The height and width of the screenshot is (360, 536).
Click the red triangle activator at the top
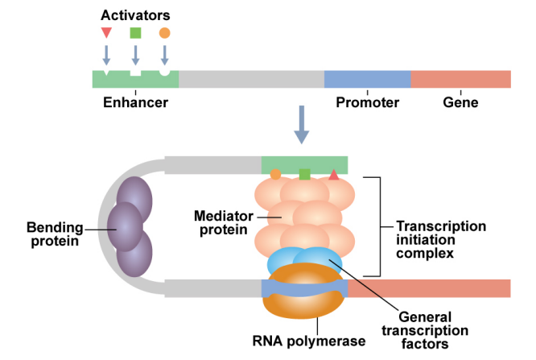click(x=106, y=32)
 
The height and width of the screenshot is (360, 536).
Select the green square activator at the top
click(x=135, y=33)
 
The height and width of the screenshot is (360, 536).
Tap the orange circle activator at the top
click(x=164, y=33)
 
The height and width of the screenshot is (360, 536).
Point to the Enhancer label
click(x=135, y=102)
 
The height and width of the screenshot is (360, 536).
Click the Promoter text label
click(x=368, y=102)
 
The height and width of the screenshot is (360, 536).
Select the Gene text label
click(x=460, y=102)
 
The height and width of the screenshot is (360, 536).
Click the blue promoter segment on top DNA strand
click(x=367, y=79)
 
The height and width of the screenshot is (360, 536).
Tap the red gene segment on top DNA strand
click(x=460, y=79)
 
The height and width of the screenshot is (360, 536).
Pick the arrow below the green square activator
click(x=135, y=55)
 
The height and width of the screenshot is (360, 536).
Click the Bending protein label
click(x=54, y=234)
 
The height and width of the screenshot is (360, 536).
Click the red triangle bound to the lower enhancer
click(x=333, y=174)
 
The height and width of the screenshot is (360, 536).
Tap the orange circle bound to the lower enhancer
click(x=275, y=174)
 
